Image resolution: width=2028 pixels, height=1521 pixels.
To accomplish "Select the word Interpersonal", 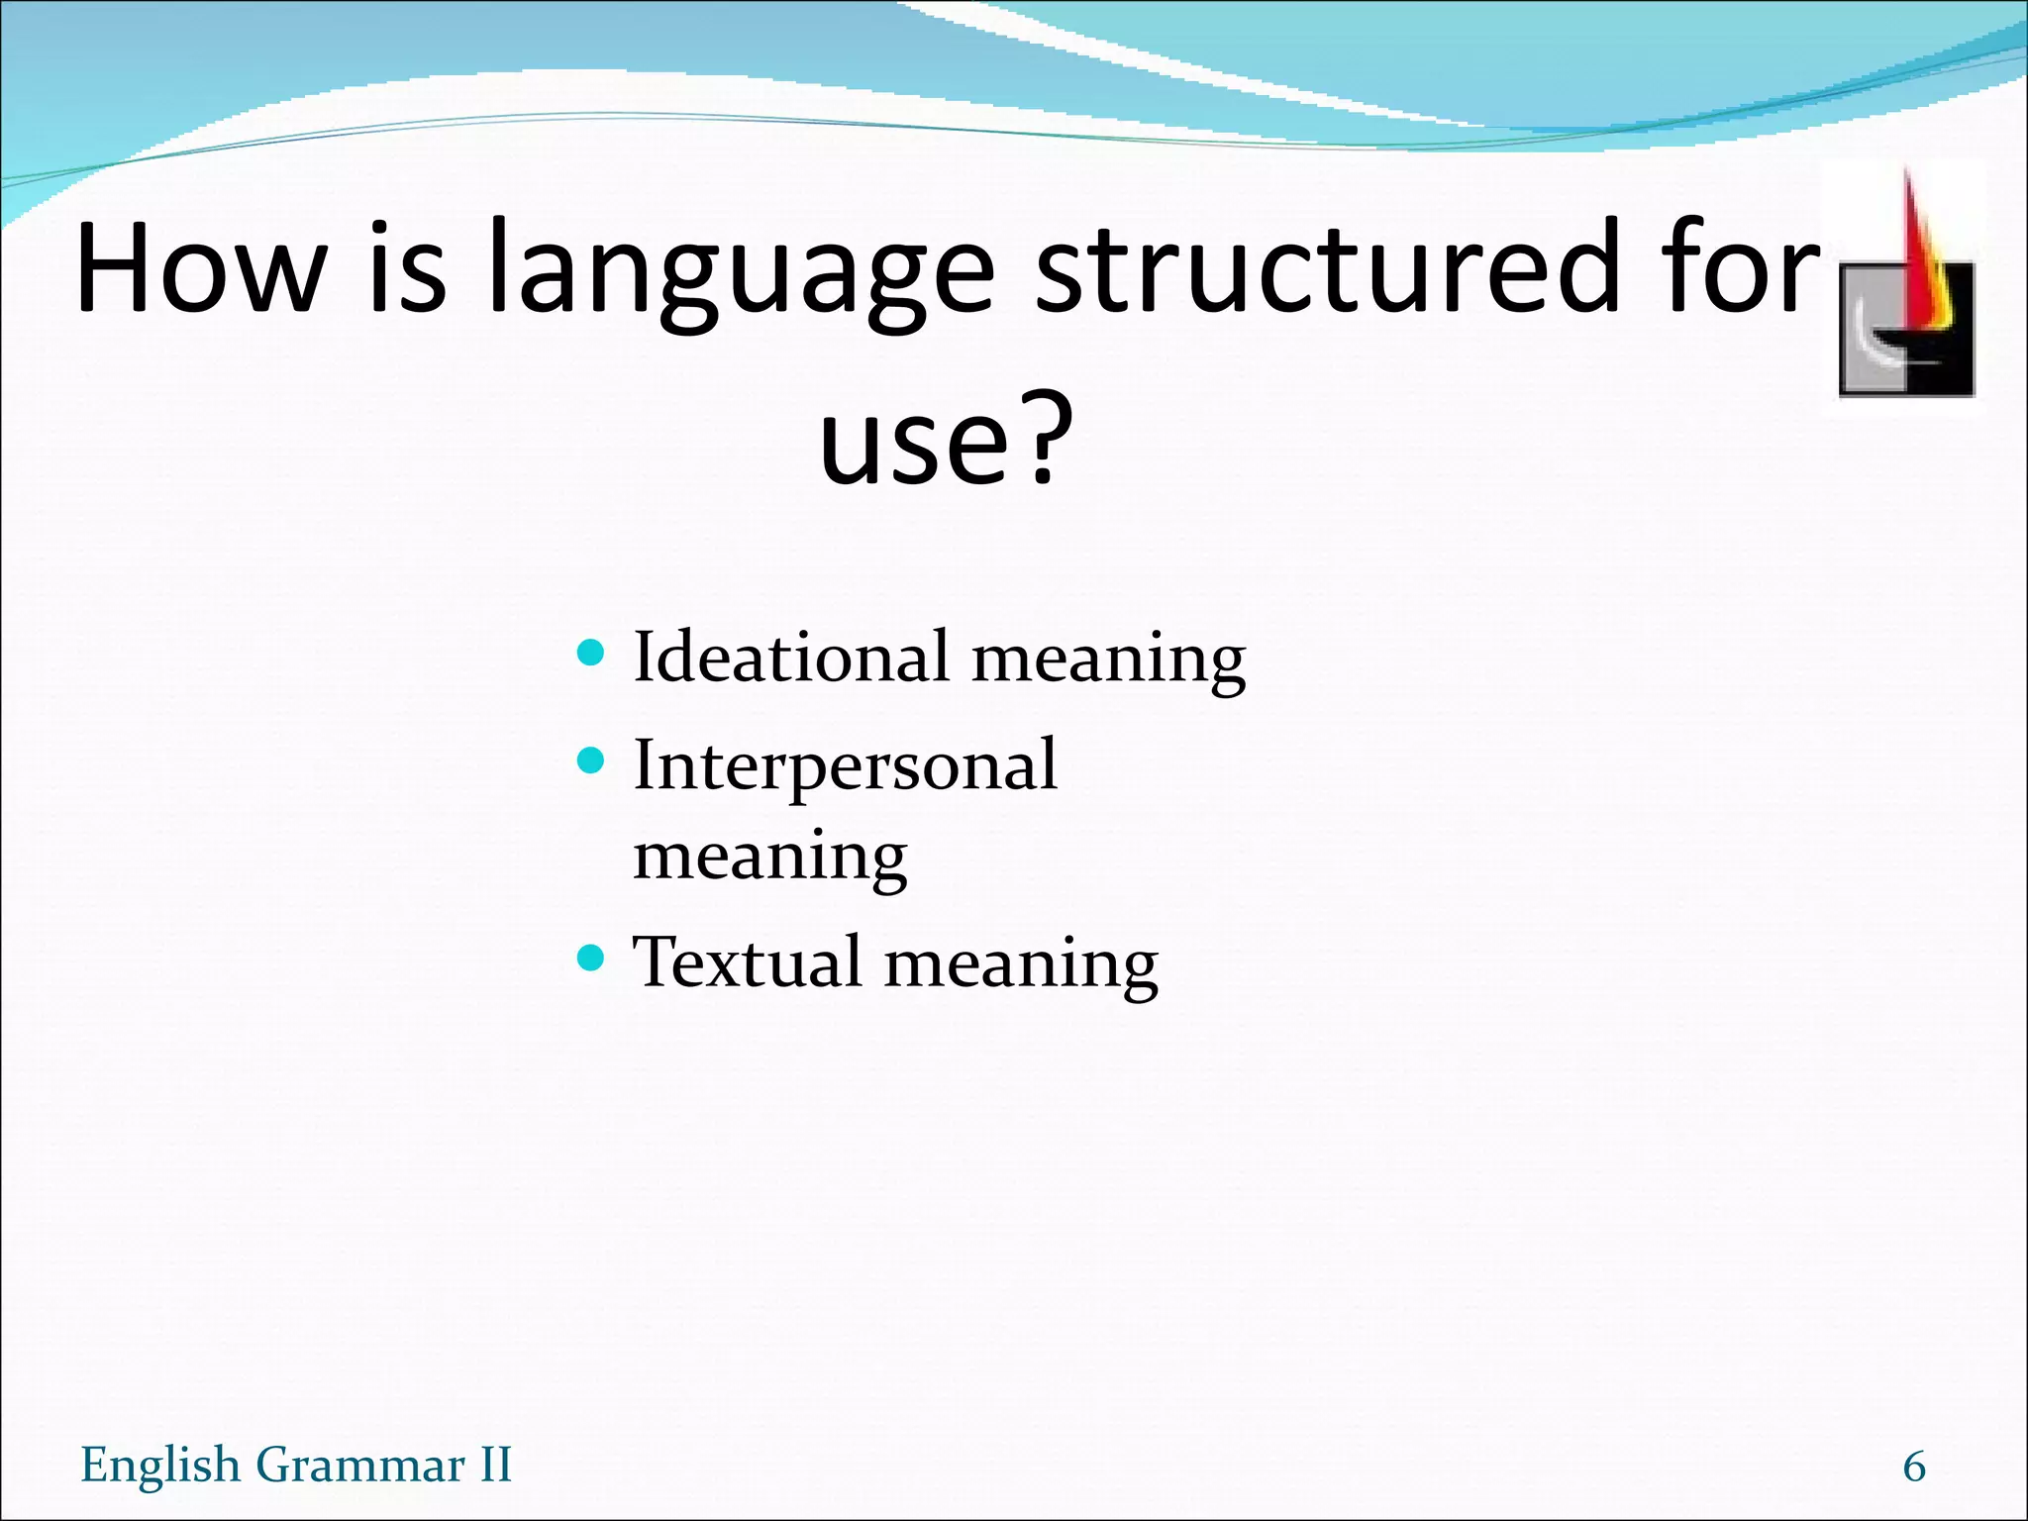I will point(845,765).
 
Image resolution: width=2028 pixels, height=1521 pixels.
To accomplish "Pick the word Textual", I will point(747,962).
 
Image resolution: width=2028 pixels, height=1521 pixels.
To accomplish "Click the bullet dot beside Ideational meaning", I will point(590,653).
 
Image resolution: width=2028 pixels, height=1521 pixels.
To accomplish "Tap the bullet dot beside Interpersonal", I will point(590,760).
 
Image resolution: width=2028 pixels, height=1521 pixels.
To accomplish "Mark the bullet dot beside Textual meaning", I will point(590,958).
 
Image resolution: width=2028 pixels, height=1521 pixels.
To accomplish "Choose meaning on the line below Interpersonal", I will point(769,858).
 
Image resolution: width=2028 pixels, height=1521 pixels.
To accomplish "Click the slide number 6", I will point(1914,1467).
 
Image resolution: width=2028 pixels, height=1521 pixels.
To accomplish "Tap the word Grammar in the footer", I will point(360,1466).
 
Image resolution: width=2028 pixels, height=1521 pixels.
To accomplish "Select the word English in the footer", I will point(160,1466).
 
